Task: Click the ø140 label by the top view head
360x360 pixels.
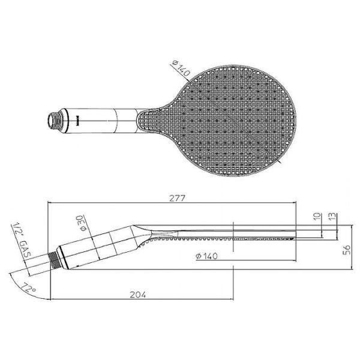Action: tap(181, 68)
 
